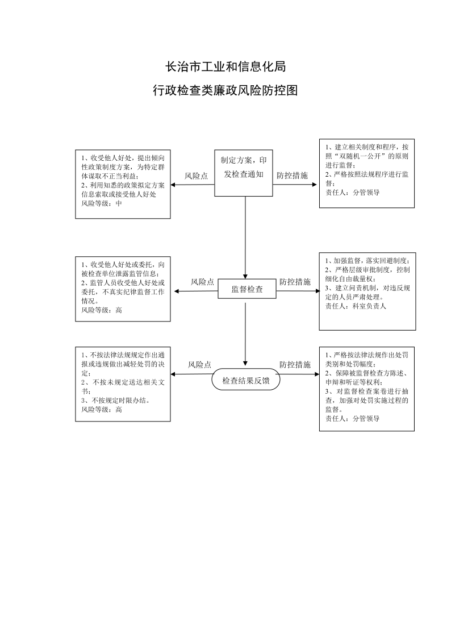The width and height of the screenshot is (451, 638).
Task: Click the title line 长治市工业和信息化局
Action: (x=225, y=66)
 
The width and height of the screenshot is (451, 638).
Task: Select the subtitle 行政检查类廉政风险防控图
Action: (x=225, y=90)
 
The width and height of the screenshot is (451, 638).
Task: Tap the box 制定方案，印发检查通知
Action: (x=243, y=173)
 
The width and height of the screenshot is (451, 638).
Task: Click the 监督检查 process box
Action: (x=247, y=289)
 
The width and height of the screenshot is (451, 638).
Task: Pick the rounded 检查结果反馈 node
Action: (x=246, y=381)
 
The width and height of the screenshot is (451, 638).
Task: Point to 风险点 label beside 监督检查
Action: (x=202, y=282)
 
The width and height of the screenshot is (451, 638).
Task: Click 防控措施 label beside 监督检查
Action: (x=295, y=282)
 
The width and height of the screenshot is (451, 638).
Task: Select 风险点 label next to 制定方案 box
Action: (x=196, y=176)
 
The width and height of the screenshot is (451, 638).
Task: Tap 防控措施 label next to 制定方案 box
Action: (x=292, y=176)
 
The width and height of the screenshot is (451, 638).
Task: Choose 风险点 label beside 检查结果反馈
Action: (x=199, y=365)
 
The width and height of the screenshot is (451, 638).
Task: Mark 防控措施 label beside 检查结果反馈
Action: (x=295, y=365)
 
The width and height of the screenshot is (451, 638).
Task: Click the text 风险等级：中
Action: (x=101, y=203)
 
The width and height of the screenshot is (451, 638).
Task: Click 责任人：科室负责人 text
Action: (x=356, y=306)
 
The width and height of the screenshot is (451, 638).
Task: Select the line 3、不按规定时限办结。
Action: (x=115, y=401)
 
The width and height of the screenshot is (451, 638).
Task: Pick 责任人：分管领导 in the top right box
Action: (x=352, y=193)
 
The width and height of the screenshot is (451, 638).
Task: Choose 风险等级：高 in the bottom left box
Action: (x=101, y=409)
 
